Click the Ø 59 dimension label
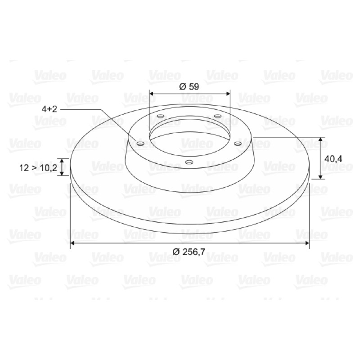[189, 87]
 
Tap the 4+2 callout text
[49, 109]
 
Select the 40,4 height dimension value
[333, 159]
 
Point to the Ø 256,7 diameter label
[189, 252]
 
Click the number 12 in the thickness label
[24, 168]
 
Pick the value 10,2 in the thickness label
[49, 168]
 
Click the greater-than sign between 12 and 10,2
[34, 168]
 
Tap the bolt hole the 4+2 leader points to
[140, 144]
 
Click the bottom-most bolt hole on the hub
[189, 162]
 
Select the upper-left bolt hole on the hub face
[161, 116]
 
